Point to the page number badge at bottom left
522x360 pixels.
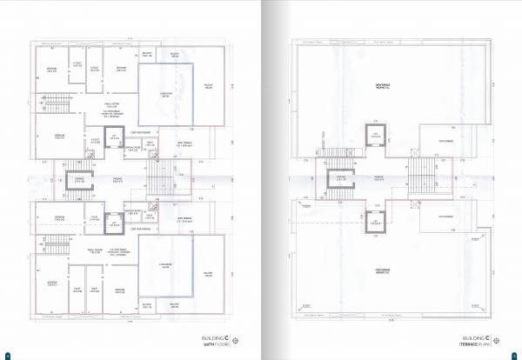(7, 355)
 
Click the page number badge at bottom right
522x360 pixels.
(515, 355)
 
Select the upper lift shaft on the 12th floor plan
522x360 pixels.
(111, 137)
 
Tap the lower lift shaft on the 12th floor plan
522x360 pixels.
(111, 223)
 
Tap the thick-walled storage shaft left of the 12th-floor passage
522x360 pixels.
(80, 180)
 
